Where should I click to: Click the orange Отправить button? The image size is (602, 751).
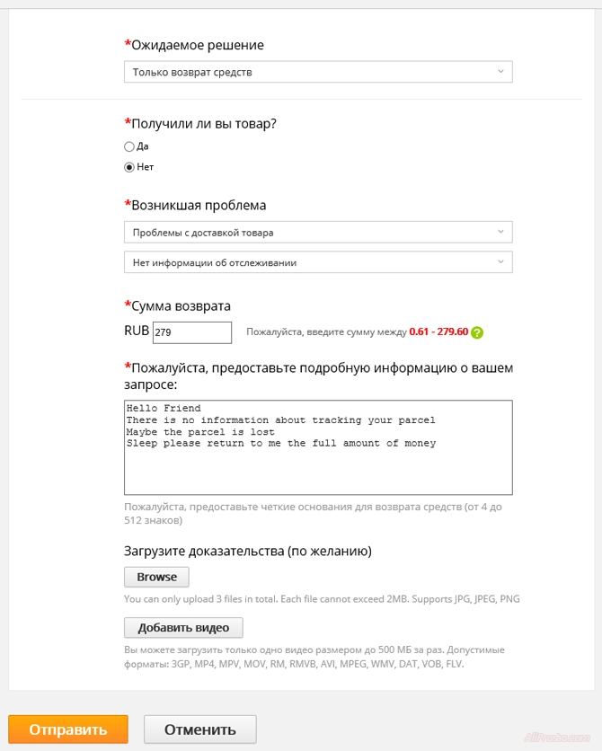click(x=68, y=729)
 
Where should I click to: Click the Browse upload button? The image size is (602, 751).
click(x=156, y=577)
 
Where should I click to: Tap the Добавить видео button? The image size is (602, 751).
click(x=183, y=628)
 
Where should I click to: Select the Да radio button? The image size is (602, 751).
click(x=129, y=146)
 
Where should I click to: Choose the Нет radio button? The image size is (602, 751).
click(x=129, y=167)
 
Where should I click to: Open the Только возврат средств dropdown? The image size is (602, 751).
click(x=318, y=72)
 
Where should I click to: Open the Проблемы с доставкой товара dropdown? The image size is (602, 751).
click(x=318, y=233)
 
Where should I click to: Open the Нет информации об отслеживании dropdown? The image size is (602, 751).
click(x=318, y=262)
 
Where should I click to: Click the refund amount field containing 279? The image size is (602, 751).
click(x=192, y=332)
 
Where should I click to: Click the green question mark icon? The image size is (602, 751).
click(x=477, y=332)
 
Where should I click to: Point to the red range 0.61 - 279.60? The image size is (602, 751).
click(x=438, y=332)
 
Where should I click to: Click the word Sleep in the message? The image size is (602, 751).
click(x=142, y=443)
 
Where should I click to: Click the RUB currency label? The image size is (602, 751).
click(x=137, y=331)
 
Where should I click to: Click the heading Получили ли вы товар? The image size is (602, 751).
click(x=204, y=124)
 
